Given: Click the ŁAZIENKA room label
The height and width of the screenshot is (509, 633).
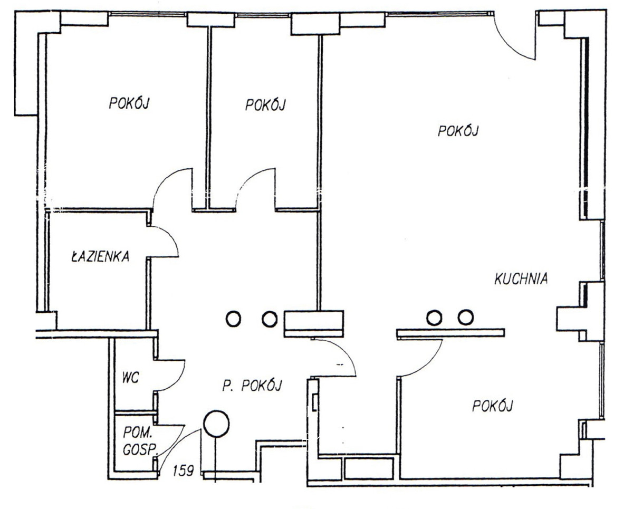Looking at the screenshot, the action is pos(100,256).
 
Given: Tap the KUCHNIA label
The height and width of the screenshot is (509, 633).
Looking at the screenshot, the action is pos(521,278).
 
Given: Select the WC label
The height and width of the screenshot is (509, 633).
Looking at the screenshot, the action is pos(131,378).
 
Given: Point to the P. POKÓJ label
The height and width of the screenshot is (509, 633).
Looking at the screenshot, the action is pos(252,386).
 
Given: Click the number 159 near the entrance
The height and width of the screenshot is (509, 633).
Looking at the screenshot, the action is pos(183,470).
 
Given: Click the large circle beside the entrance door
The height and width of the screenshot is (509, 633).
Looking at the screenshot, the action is pos(216,424).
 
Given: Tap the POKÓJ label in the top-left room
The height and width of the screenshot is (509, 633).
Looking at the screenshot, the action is pos(129,103).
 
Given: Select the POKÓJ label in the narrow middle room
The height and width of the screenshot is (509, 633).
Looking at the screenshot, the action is pos(265,105).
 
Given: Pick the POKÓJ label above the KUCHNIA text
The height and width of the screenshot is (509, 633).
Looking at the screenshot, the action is pos(458,131).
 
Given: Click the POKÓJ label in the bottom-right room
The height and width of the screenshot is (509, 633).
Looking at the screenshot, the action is pos(492,406).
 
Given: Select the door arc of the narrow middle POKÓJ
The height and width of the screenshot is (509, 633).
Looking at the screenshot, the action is pos(246,180).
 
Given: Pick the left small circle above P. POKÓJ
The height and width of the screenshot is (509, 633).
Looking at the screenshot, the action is pos(234,319).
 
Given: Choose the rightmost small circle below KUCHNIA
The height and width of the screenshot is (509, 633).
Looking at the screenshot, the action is pos(466,318).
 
